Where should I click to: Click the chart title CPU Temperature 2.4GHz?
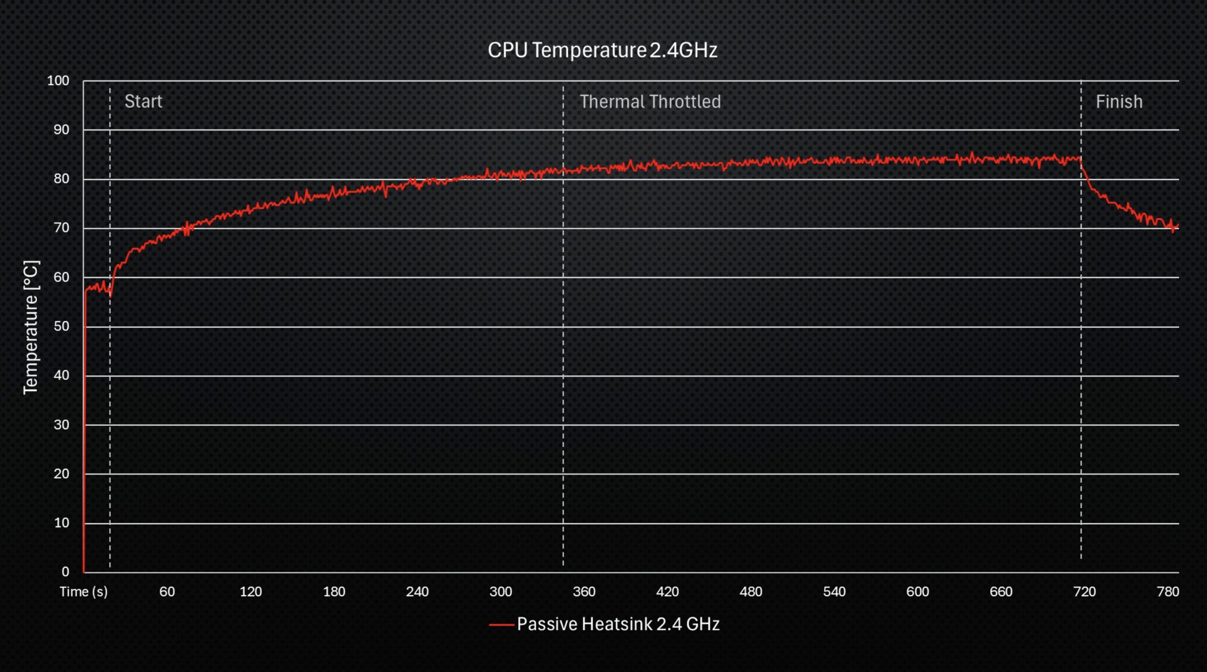coord(602,50)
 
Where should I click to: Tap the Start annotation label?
coord(143,101)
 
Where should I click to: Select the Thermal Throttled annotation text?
coord(650,102)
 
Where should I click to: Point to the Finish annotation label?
coord(1119,102)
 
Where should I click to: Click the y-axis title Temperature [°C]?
coord(31,327)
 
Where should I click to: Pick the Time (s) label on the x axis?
coord(83,591)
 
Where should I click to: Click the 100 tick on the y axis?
coord(58,81)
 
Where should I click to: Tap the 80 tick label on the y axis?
coord(61,179)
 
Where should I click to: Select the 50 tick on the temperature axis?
coord(61,326)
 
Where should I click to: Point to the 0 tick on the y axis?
coord(65,571)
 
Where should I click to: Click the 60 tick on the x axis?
coord(167,591)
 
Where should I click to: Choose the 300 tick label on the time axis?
coord(500,591)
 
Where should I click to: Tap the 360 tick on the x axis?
coord(584,591)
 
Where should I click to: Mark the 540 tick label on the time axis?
coord(834,591)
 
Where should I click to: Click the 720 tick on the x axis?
coord(1084,591)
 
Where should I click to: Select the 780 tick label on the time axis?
coord(1167,591)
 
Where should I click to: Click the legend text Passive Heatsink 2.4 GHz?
coord(618,624)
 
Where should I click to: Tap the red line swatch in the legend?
coord(501,625)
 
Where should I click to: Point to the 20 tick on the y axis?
coord(61,473)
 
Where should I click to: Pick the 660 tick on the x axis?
coord(1000,591)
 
